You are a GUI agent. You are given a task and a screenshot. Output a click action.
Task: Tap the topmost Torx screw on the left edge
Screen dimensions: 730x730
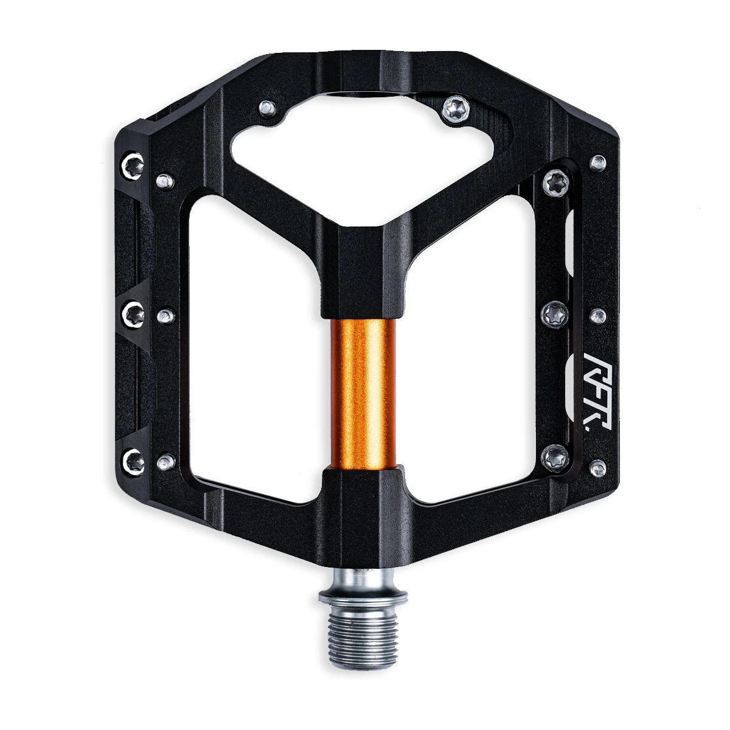(x=134, y=164)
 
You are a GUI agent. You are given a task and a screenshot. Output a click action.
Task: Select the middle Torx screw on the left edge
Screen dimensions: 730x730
(x=133, y=313)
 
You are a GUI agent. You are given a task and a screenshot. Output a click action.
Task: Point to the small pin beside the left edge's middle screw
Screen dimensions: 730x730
(x=165, y=315)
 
